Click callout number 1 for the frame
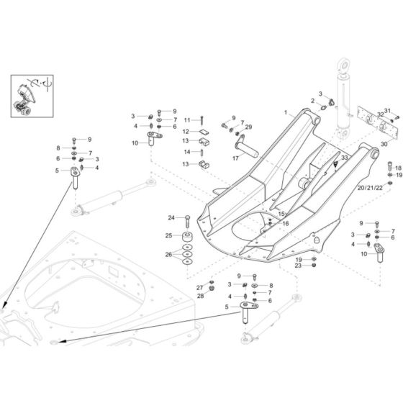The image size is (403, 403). pyautogui.click(x=285, y=112)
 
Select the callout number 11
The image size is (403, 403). pyautogui.click(x=186, y=119)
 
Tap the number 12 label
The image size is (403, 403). pyautogui.click(x=186, y=132)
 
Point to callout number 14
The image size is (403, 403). pyautogui.click(x=186, y=152)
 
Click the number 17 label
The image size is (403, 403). pyautogui.click(x=214, y=158)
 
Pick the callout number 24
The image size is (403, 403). pyautogui.click(x=171, y=217)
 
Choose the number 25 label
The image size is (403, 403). pyautogui.click(x=168, y=235)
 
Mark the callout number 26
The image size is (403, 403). pyautogui.click(x=168, y=254)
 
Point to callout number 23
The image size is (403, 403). pyautogui.click(x=298, y=266)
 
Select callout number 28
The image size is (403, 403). pyautogui.click(x=201, y=295)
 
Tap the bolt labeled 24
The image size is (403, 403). pyautogui.click(x=187, y=218)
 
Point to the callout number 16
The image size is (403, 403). pyautogui.click(x=285, y=224)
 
